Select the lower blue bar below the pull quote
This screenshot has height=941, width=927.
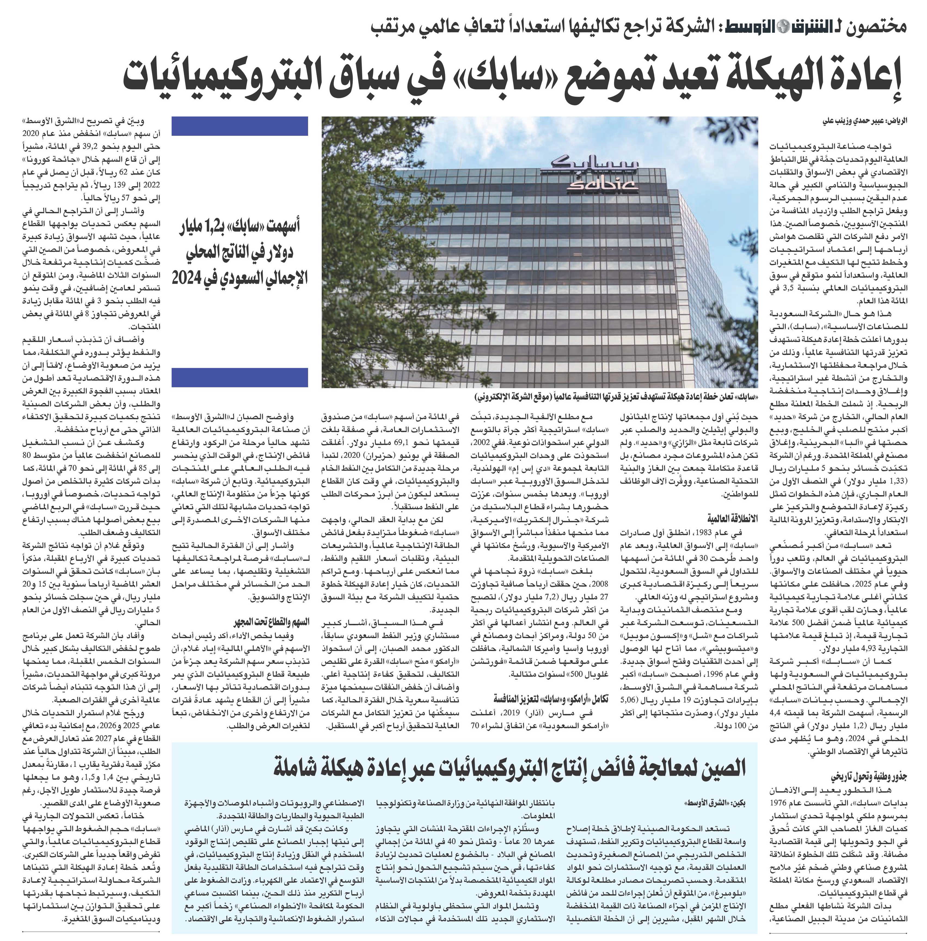click(240, 377)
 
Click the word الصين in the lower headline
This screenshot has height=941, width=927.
click(722, 768)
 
